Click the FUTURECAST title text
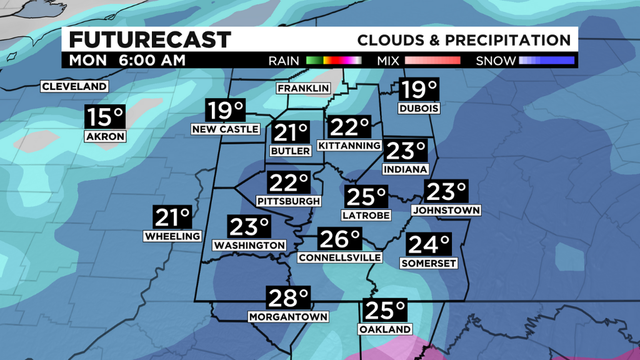click(x=149, y=40)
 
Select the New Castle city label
click(x=226, y=130)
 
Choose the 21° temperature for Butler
click(x=293, y=134)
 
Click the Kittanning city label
click(x=349, y=146)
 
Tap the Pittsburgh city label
click(x=290, y=201)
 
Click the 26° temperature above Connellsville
click(x=340, y=241)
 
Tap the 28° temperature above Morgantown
click(x=288, y=300)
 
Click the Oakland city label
click(x=385, y=329)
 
